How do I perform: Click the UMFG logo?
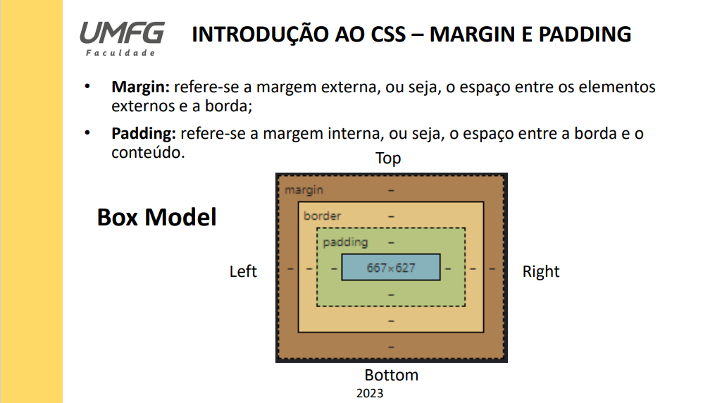(121, 32)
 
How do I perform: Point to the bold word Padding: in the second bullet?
(143, 133)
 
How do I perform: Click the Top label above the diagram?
(388, 158)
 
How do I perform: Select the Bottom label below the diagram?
(391, 375)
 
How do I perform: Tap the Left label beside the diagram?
(243, 271)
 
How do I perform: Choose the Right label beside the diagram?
(541, 271)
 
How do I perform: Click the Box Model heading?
(156, 217)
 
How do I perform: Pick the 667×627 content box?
(391, 268)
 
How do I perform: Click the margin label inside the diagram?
(304, 190)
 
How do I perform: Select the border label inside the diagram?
(322, 216)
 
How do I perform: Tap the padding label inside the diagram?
(345, 242)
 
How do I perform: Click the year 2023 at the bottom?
(370, 393)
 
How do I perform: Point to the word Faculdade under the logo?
(120, 54)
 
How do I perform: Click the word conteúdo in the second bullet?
(148, 151)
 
